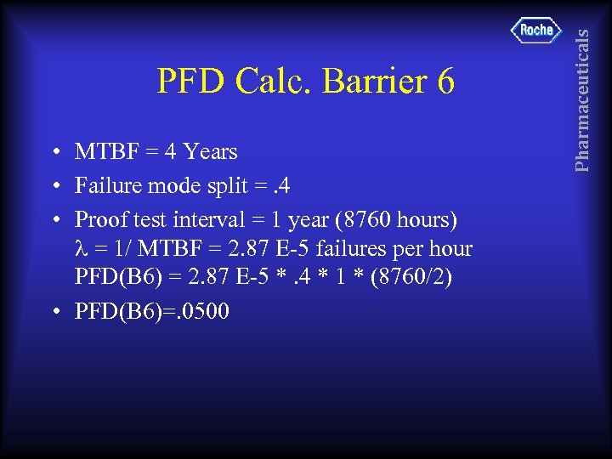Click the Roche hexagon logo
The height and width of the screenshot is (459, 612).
click(536, 30)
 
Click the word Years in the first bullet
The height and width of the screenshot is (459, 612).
click(210, 152)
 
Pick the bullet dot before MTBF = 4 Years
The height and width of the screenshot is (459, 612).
click(54, 154)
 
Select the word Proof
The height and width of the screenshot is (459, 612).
click(102, 219)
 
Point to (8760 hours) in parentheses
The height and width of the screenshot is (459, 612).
click(398, 219)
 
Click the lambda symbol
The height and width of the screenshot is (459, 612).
click(82, 250)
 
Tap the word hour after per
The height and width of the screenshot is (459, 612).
click(452, 250)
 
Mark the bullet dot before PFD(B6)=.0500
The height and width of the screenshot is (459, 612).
click(54, 313)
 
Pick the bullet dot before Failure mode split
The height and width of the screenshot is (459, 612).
click(54, 186)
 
